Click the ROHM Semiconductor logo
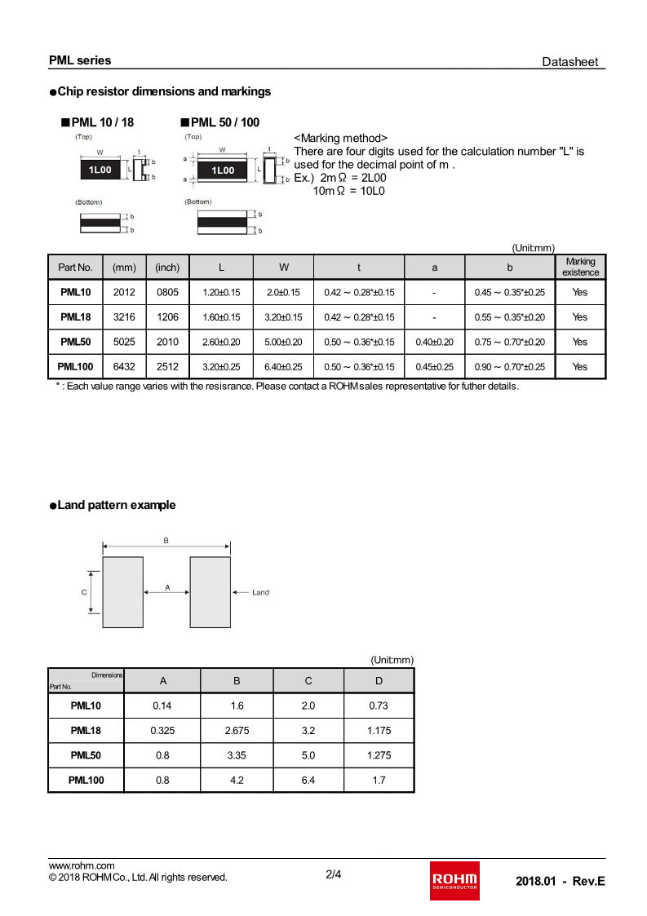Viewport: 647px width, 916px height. (x=454, y=881)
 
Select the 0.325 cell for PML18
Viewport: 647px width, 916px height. (x=162, y=730)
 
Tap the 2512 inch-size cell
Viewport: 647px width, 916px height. (x=167, y=367)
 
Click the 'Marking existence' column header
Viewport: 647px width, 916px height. (x=580, y=267)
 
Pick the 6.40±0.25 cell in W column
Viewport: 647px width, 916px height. (x=283, y=367)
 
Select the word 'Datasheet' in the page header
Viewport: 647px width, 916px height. (x=570, y=62)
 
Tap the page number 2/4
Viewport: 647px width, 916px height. (x=334, y=875)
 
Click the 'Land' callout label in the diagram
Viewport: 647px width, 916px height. (x=260, y=592)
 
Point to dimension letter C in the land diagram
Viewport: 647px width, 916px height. (x=84, y=592)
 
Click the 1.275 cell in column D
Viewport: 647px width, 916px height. (x=379, y=755)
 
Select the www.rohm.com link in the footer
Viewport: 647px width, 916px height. (x=82, y=865)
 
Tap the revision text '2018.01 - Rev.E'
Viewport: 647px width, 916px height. (x=561, y=882)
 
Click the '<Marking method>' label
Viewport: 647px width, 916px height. (x=340, y=138)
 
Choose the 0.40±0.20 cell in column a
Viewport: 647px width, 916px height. (x=434, y=342)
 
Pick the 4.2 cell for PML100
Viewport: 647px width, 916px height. (x=237, y=780)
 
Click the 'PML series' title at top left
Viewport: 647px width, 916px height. (x=80, y=60)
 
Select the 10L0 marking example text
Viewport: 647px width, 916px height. (x=370, y=191)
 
